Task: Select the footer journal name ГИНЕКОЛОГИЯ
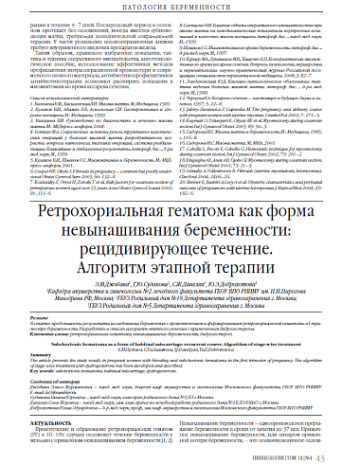point(278,455)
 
